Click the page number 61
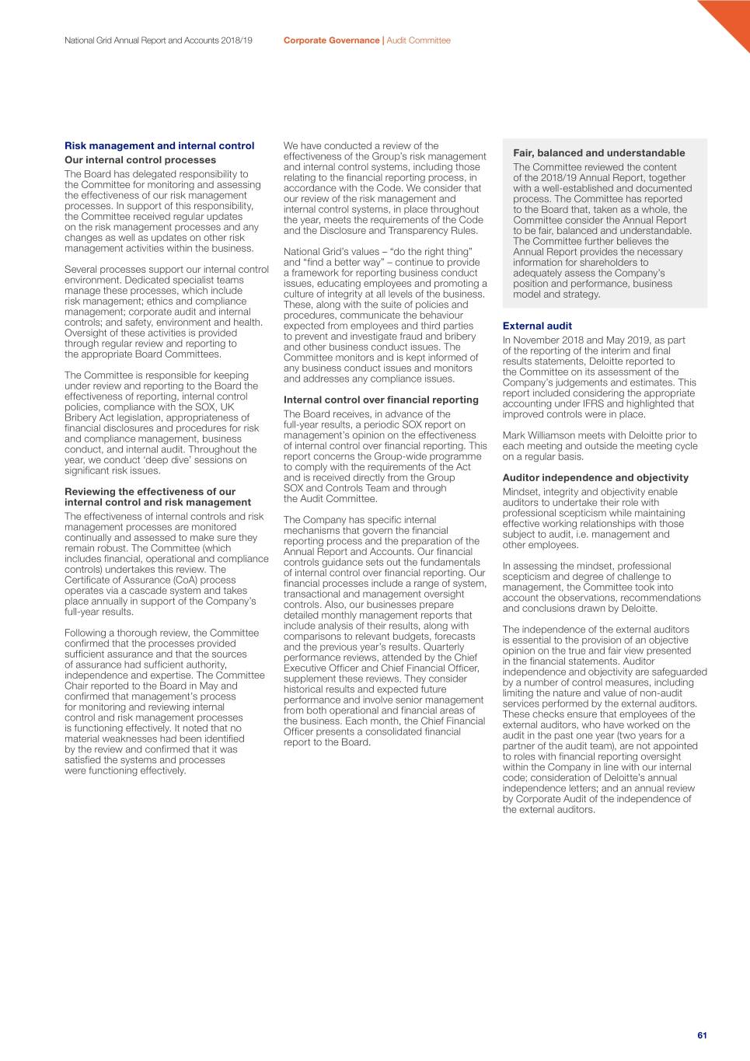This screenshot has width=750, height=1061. pyautogui.click(x=702, y=1035)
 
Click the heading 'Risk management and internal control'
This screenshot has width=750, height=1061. pyautogui.click(x=159, y=145)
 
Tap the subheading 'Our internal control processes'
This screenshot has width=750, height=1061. pyautogui.click(x=140, y=160)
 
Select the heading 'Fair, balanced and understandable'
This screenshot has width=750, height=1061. pyautogui.click(x=598, y=153)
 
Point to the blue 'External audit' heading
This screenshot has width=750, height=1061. pyautogui.click(x=537, y=326)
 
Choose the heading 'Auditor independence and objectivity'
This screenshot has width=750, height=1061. pyautogui.click(x=595, y=478)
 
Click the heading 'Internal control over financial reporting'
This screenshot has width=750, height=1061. pyautogui.click(x=381, y=400)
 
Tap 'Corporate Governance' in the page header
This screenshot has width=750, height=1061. pyautogui.click(x=331, y=40)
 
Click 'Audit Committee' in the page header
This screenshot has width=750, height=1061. pyautogui.click(x=418, y=40)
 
